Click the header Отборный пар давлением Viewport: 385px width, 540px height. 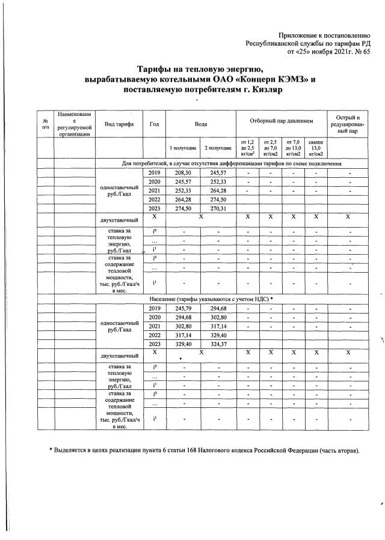pyautogui.click(x=282, y=121)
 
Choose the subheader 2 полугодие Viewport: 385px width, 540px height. pyautogui.click(x=218, y=148)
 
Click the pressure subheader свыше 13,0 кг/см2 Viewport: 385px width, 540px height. pyautogui.click(x=315, y=148)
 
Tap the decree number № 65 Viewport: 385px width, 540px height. pyautogui.click(x=363, y=52)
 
